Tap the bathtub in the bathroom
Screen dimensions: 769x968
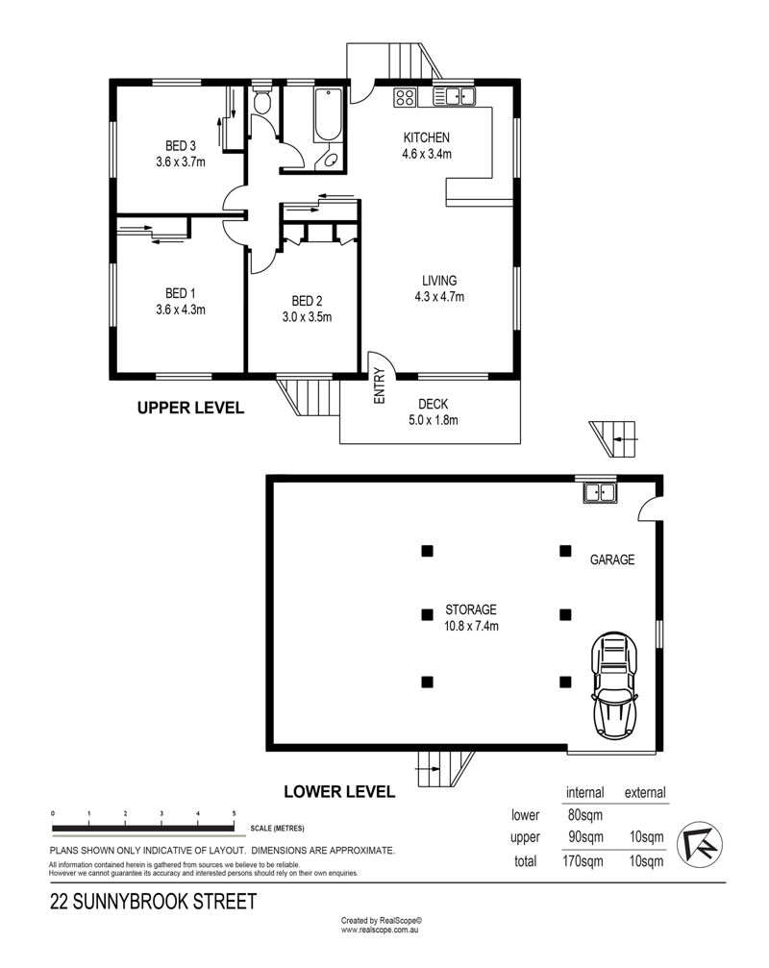click(x=328, y=114)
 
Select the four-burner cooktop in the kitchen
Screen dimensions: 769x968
click(x=405, y=97)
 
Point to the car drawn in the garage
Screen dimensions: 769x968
click(x=613, y=684)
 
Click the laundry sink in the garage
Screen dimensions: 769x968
click(x=599, y=492)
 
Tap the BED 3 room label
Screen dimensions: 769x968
click(x=180, y=146)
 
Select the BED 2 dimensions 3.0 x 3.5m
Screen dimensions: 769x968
click(x=307, y=317)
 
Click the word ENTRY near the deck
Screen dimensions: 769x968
click(x=379, y=385)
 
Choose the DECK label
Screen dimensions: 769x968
click(x=434, y=404)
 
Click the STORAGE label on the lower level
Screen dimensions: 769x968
click(x=471, y=610)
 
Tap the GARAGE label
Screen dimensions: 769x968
click(x=612, y=559)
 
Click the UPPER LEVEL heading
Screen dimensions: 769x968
click(x=190, y=409)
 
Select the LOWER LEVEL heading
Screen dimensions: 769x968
click(x=339, y=792)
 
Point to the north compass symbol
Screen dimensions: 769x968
click(x=701, y=844)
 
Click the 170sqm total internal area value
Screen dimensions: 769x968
click(x=583, y=860)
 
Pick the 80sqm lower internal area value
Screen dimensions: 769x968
click(x=585, y=815)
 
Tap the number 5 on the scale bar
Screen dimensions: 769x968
click(x=234, y=813)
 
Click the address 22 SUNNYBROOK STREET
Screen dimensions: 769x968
click(x=153, y=902)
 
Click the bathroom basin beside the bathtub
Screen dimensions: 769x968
click(x=329, y=160)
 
